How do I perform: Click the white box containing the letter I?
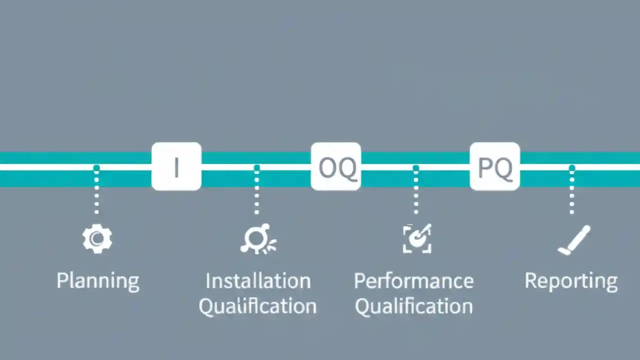176,166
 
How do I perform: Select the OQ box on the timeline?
335,166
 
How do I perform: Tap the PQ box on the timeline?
495,166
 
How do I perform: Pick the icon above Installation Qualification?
257,238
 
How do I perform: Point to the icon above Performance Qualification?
417,238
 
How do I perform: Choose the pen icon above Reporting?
574,240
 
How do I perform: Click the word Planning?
97,280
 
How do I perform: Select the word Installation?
258,280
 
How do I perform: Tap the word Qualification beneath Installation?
257,306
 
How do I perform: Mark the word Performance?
413,280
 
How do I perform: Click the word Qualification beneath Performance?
413,306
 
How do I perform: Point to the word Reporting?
571,280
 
